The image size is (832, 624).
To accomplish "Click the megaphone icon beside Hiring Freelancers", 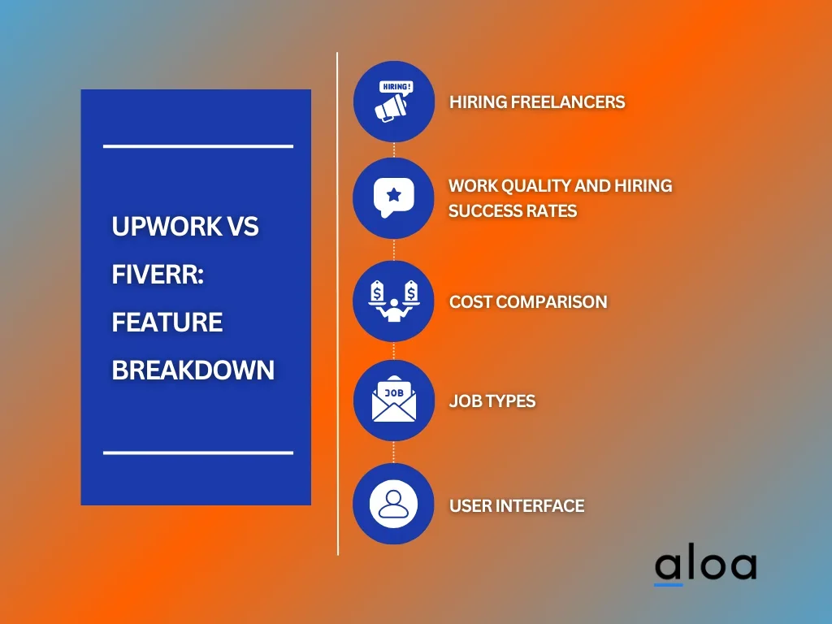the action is click(x=391, y=108).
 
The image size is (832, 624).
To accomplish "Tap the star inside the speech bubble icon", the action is click(x=394, y=195).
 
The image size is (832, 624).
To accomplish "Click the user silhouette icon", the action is click(x=393, y=504).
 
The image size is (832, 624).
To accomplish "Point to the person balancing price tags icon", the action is click(x=394, y=301).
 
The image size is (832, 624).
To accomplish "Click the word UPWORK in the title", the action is click(x=167, y=227).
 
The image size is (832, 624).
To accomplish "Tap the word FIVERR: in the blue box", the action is click(x=158, y=275).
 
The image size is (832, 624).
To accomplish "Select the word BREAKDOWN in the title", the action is click(x=193, y=370).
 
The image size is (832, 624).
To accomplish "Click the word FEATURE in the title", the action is click(x=167, y=322).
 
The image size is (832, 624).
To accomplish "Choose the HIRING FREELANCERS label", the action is click(x=537, y=102).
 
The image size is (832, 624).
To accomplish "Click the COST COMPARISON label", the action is click(x=528, y=302).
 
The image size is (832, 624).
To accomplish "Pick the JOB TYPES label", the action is click(x=492, y=401).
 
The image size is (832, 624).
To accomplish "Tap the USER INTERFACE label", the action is click(x=517, y=505).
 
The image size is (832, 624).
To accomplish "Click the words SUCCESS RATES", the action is click(x=513, y=211).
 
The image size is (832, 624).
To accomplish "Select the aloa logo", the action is click(x=705, y=566).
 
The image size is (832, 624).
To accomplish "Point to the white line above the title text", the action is click(x=198, y=146).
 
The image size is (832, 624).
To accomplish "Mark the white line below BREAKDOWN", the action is click(x=198, y=453).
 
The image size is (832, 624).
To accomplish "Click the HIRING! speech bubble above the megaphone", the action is click(x=396, y=87).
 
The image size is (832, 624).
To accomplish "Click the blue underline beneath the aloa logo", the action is click(x=668, y=585).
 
